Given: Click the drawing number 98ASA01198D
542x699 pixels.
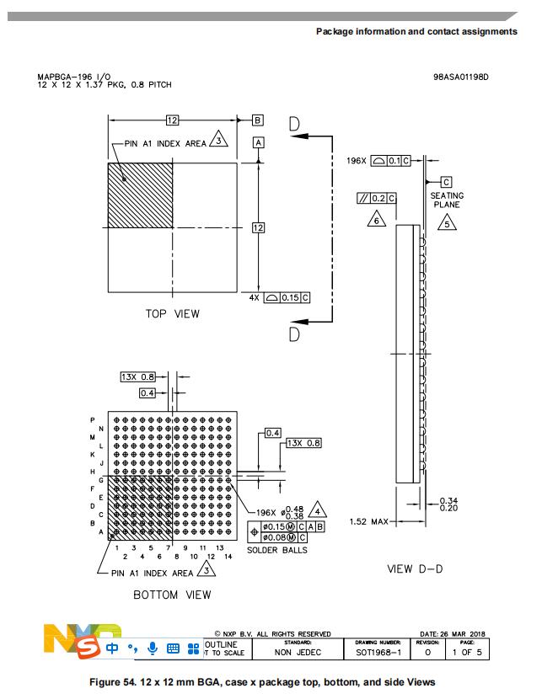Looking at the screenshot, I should [460, 77].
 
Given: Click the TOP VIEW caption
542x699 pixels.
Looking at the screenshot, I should [173, 314].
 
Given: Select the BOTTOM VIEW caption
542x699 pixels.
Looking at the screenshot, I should [173, 595].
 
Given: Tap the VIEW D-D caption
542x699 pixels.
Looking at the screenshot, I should [415, 569].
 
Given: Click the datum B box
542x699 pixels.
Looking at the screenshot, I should [258, 120].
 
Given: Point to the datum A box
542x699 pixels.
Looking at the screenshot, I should [259, 143].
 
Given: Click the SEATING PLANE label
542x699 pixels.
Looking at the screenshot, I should [447, 200].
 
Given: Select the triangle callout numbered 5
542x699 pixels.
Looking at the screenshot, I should [446, 223].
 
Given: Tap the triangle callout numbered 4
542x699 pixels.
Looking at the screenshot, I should [317, 510].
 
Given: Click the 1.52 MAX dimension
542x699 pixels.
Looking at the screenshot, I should [367, 522].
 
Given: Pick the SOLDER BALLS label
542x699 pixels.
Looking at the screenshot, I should [277, 550].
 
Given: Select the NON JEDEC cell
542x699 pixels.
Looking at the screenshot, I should [298, 652].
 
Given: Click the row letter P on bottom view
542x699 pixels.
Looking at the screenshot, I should [92, 419].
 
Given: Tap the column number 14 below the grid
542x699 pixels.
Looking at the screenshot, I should [228, 557].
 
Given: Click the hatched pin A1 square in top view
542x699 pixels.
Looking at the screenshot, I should [140, 195].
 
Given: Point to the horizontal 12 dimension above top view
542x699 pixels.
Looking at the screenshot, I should [172, 120].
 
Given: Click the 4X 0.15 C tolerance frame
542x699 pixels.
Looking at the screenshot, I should [281, 297].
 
